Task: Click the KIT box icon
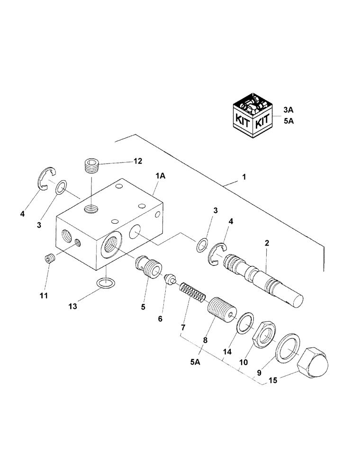point(254,117)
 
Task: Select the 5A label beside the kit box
point(289,121)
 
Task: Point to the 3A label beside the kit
point(289,110)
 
